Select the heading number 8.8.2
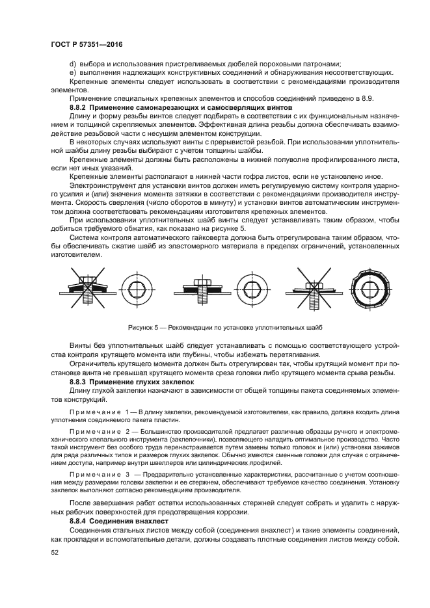click(x=78, y=106)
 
